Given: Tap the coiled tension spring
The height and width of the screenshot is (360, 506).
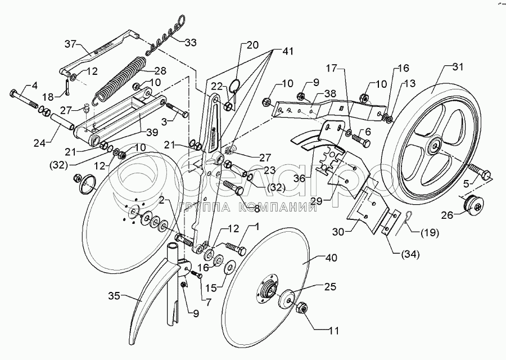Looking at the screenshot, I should [120, 78].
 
